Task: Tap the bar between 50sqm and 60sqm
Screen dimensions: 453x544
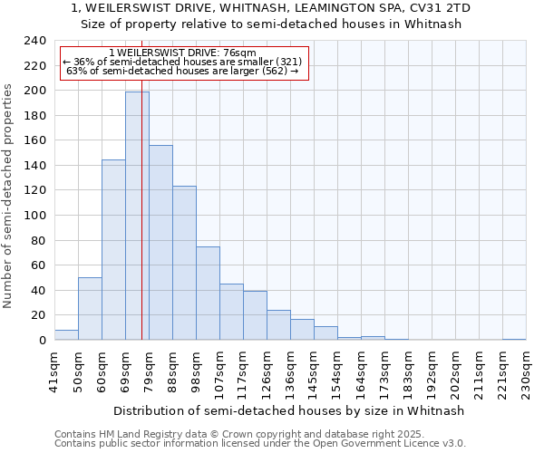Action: coord(90,309)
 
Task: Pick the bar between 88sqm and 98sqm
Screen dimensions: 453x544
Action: coord(184,263)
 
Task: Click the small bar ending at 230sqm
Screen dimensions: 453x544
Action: coord(514,339)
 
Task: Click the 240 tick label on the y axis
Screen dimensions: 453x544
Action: coord(35,41)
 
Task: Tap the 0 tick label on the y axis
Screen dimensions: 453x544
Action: coord(42,341)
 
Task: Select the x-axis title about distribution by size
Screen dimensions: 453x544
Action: coord(290,410)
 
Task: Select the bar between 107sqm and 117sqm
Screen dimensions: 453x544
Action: coord(231,312)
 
